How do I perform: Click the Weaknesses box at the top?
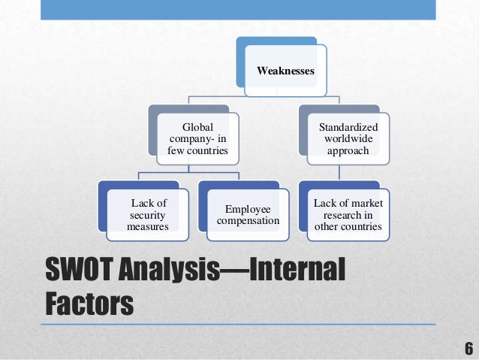[x=285, y=71]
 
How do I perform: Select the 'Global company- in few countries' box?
[x=197, y=139]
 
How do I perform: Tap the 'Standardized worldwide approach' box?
[x=348, y=139]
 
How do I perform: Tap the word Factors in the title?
[x=89, y=304]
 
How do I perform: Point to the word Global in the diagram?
[x=198, y=128]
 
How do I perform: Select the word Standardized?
[x=348, y=128]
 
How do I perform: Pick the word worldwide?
[x=348, y=139]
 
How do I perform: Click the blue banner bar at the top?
[x=239, y=9]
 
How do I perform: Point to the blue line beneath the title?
[x=239, y=324]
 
